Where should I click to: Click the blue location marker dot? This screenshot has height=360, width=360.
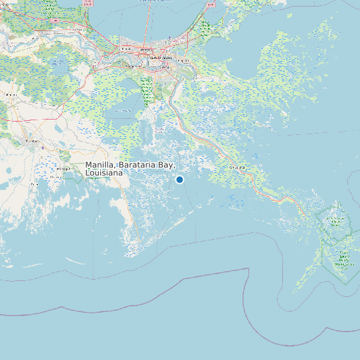click(179, 179)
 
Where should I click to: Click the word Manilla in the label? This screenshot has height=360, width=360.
click(99, 165)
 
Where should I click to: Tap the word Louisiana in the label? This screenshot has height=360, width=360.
click(104, 173)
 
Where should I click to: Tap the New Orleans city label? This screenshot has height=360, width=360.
click(161, 59)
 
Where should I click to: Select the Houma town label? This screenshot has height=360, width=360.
click(31, 141)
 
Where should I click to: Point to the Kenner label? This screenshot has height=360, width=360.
click(126, 48)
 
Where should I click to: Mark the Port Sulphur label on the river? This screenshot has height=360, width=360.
click(237, 168)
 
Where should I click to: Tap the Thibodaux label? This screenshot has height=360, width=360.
click(10, 95)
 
